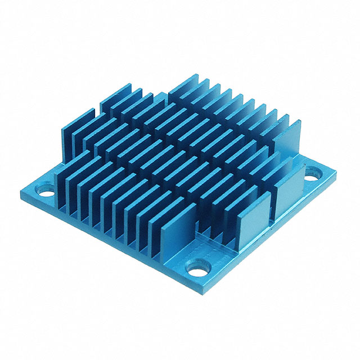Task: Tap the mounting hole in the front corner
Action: pyautogui.click(x=197, y=268)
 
